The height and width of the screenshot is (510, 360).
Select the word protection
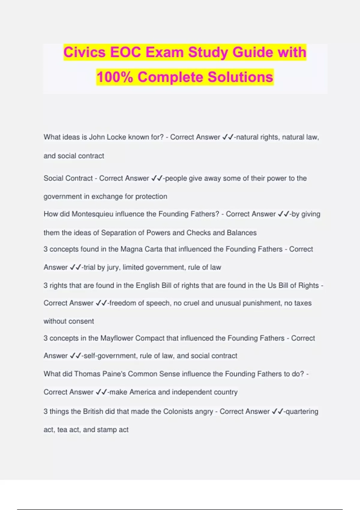[x=151, y=196]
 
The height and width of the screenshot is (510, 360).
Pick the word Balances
[x=241, y=233]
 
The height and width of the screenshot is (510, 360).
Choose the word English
[x=148, y=285]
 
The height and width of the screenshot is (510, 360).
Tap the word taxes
[x=303, y=303]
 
